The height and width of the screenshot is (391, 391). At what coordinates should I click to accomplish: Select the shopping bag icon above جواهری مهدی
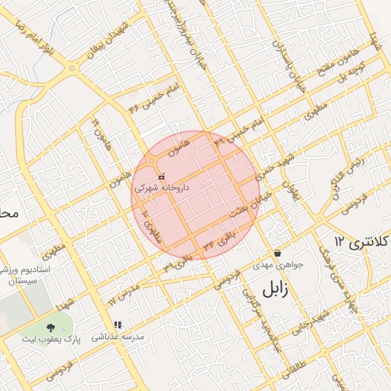coord(277,252)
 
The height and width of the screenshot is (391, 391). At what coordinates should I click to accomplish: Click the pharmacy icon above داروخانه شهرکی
coord(160,177)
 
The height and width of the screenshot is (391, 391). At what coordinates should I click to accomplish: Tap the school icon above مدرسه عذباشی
coord(118,324)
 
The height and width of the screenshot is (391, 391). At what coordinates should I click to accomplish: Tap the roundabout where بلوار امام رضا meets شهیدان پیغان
coord(73,69)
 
